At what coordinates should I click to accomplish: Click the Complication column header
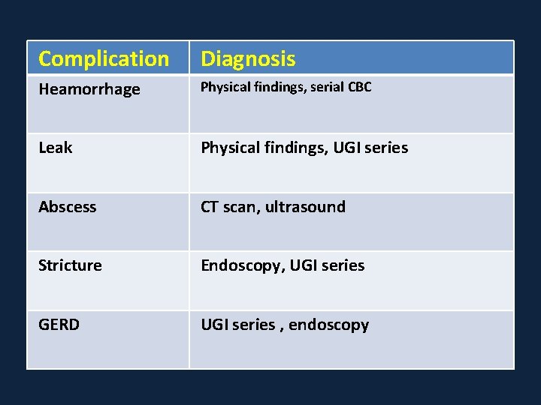coord(104,58)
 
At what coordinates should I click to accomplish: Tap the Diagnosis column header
coord(248,58)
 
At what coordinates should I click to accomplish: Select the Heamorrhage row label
coord(89,89)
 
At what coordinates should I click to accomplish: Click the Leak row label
coord(56,148)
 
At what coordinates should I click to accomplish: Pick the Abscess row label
coord(68,207)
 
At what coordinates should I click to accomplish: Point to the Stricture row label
coord(70,265)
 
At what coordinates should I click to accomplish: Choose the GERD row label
coord(59,325)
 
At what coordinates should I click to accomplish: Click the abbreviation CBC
coord(360,87)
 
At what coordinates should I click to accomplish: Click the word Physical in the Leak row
coord(230,148)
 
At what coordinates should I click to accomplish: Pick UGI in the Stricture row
coord(304,265)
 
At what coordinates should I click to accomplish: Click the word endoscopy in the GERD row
coord(329,325)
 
